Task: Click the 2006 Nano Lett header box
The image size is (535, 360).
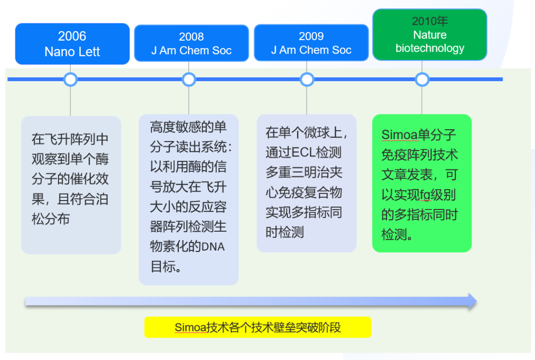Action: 72,44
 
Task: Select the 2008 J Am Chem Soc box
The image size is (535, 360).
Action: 191,44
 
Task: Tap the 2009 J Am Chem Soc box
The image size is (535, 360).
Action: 311,44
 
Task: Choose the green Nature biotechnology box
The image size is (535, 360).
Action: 429,35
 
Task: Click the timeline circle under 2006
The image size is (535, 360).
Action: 70,79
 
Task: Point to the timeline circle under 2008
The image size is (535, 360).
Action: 189,79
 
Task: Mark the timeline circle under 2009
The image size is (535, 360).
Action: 307,79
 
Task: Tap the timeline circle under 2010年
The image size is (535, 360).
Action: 422,79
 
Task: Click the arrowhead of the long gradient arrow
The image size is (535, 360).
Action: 472,301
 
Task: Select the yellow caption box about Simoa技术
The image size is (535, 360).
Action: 258,327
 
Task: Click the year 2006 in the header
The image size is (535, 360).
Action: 72,36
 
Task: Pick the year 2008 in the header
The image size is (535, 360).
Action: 191,37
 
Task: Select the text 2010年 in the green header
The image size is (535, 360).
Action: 429,21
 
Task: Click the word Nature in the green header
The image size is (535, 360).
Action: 429,35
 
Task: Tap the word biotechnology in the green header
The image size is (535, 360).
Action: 429,48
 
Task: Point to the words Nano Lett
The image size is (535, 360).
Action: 72,51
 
